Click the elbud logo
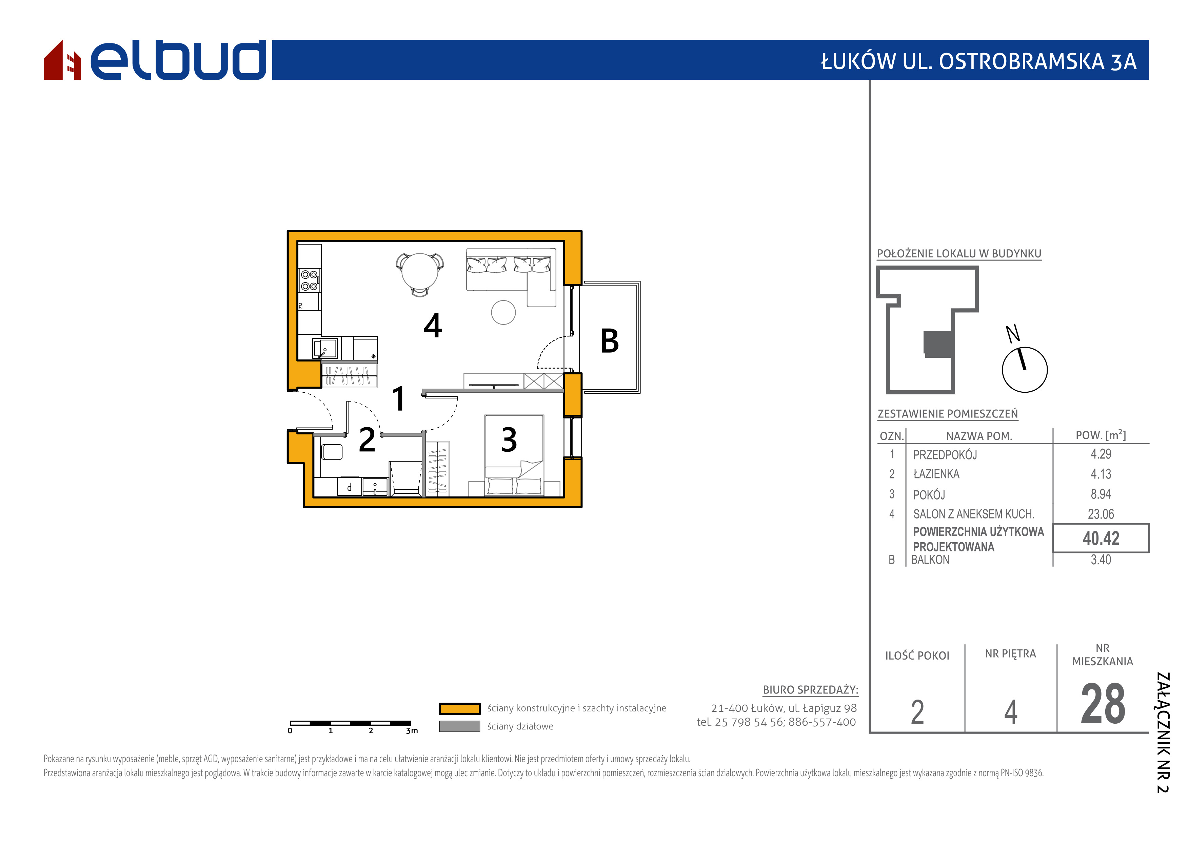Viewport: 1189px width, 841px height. point(155,60)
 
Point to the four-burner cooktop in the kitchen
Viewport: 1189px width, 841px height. point(309,280)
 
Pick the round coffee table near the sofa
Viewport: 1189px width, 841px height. point(503,312)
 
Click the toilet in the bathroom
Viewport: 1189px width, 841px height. point(332,452)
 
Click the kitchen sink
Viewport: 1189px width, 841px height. point(325,348)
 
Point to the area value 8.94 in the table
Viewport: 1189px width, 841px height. point(1101,494)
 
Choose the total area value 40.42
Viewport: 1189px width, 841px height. point(1101,539)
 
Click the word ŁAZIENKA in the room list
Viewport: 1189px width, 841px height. point(936,474)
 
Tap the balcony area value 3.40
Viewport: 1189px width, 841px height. point(1101,560)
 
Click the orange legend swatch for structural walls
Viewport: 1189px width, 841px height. point(459,708)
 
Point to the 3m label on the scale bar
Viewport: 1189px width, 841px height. point(412,731)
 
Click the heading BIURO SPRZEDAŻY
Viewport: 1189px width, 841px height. point(810,690)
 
